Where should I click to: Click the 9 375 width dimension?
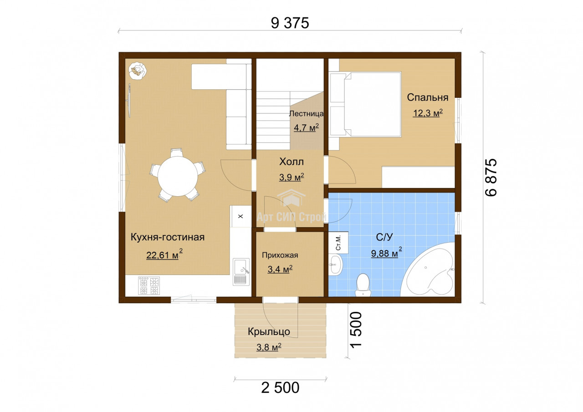point(290,23)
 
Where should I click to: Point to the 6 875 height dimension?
point(491,177)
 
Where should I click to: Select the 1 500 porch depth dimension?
point(356,330)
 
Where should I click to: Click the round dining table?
point(178,176)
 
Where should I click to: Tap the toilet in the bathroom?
point(363,285)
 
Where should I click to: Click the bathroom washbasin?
point(336,265)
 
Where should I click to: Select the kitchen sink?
point(241,271)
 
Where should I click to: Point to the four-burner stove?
point(149,285)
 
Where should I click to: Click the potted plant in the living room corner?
point(137,71)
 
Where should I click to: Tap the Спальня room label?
point(428,97)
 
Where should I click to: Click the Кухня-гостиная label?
point(168,237)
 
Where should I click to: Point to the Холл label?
point(291,162)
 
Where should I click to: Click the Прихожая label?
point(280,255)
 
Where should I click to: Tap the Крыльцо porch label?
point(269,331)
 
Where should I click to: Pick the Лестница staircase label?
point(307,114)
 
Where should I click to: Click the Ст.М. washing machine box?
point(338,243)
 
